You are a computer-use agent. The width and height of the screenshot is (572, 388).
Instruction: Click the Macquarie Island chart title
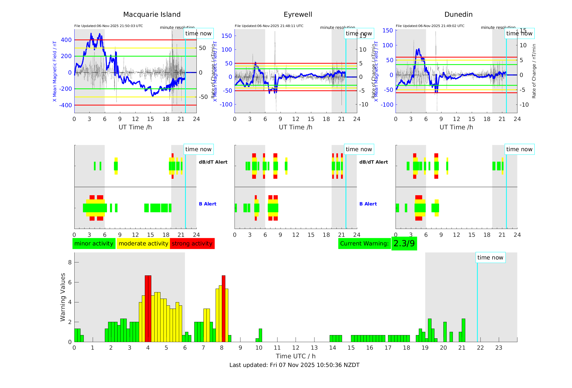tap(152, 15)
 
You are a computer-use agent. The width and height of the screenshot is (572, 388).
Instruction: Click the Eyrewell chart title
tap(298, 15)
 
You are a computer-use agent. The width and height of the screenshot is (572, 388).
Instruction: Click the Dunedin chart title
tap(458, 15)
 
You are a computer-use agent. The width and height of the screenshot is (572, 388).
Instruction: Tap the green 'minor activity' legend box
tap(94, 244)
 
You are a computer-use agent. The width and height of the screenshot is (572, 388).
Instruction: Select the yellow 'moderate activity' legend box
tap(143, 244)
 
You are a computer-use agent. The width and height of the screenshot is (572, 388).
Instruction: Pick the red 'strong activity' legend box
tap(192, 244)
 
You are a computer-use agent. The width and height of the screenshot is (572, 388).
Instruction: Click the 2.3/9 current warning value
tap(404, 244)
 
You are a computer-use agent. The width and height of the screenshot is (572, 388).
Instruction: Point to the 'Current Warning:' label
tap(364, 244)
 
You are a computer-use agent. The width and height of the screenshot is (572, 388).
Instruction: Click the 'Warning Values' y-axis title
tap(63, 297)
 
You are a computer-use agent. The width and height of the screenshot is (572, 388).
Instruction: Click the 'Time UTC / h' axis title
tap(296, 356)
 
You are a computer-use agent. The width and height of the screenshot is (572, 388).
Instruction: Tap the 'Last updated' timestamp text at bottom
tap(294, 365)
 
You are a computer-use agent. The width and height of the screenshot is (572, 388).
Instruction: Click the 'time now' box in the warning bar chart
tap(490, 258)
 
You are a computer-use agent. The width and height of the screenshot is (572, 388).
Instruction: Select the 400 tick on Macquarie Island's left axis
tap(66, 40)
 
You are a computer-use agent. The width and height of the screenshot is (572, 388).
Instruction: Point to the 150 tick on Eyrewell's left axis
tap(227, 36)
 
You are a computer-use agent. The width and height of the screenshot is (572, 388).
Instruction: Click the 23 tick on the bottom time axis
tap(499, 348)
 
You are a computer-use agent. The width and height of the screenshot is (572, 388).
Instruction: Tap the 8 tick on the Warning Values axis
tap(70, 262)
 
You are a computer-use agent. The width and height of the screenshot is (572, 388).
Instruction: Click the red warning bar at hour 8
tap(223, 308)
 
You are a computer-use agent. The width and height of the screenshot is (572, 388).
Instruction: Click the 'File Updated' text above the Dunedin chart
tap(430, 26)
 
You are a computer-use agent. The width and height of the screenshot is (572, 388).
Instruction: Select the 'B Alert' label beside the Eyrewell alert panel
tap(368, 204)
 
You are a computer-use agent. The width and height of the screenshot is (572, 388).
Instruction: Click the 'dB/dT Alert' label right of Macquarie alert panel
tap(213, 162)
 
